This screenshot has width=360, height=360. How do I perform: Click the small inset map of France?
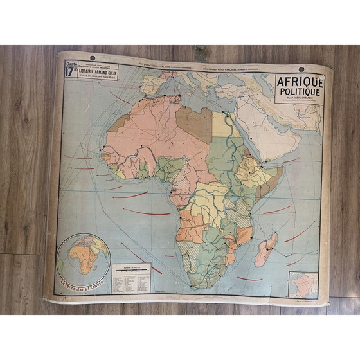[303, 285]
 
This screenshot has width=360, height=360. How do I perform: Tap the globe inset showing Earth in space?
[84, 255]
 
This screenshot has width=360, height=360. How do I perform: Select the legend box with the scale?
[132, 278]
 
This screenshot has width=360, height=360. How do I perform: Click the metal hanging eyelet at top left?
[91, 59]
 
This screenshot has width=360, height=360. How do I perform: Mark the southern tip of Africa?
[196, 283]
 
